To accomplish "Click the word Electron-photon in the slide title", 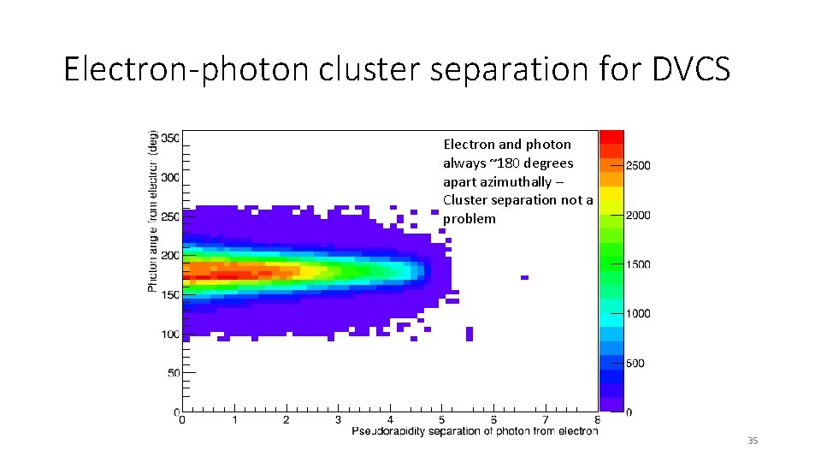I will click(186, 68).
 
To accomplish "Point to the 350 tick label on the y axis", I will click(169, 138).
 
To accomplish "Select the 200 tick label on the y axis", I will click(169, 256).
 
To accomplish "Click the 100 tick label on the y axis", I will click(169, 335).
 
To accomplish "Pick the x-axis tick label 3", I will click(338, 420).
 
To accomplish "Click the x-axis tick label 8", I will click(597, 420).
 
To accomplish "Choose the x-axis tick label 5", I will click(441, 420).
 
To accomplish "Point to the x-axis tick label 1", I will click(233, 420).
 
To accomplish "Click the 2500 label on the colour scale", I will click(638, 165).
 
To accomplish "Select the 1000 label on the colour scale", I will click(638, 314).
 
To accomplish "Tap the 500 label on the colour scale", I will click(635, 364).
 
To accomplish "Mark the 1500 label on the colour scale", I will click(638, 264).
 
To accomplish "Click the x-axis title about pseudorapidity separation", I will click(475, 431).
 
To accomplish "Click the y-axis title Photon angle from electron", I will click(153, 210).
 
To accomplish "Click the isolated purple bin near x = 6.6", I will click(524, 277).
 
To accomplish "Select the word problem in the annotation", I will click(469, 219).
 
